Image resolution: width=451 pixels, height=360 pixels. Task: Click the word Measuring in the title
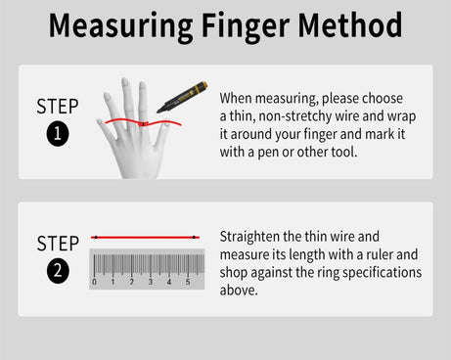pos(120,27)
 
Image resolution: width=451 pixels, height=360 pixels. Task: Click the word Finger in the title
pos(246,27)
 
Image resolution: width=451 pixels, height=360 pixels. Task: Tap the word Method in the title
pos(350,24)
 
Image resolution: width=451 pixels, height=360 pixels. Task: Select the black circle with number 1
pos(58,134)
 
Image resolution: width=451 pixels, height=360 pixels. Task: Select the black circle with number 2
pos(58,271)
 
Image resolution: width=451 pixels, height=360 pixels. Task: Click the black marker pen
pos(182,97)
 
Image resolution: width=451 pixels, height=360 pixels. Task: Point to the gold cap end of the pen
pos(203,85)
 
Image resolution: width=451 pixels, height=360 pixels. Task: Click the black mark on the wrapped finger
pos(143,124)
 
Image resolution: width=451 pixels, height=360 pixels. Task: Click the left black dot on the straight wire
pos(96,237)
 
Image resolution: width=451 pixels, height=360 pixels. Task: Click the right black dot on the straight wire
pos(194,237)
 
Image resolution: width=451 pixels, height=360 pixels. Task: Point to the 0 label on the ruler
pos(94,282)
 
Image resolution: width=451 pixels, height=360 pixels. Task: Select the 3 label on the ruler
pos(151,282)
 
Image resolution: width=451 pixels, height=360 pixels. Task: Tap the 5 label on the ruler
pos(188,282)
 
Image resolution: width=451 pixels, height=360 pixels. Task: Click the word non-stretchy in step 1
pos(294,116)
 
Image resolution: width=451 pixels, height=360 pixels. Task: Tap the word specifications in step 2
pos(382,273)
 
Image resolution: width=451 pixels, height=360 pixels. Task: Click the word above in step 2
pos(239,290)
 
